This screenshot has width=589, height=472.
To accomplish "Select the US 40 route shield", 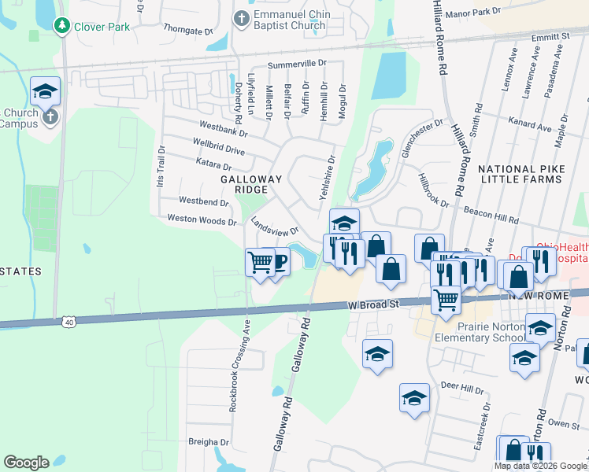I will pyautogui.click(x=70, y=321).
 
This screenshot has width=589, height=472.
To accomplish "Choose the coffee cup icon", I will pyautogui.click(x=278, y=262).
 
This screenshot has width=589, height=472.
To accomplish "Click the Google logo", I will pyautogui.click(x=26, y=463).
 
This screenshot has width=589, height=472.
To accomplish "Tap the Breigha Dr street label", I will pyautogui.click(x=209, y=442).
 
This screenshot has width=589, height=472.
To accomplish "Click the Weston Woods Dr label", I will pyautogui.click(x=202, y=221).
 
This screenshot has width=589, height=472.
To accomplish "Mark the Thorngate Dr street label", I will pyautogui.click(x=188, y=32).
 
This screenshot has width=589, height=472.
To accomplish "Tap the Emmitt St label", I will pyautogui.click(x=549, y=38).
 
